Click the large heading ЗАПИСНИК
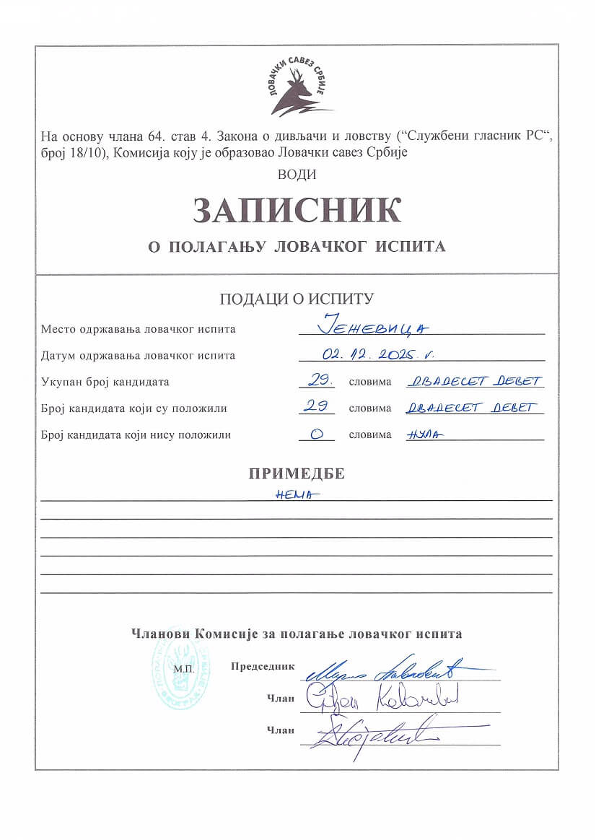(x=297, y=209)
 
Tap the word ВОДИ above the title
(x=297, y=174)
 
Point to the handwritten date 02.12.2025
(x=380, y=355)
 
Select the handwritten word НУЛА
(x=425, y=434)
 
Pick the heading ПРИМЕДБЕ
(x=297, y=474)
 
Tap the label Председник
(x=263, y=666)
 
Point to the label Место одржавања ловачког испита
(x=138, y=329)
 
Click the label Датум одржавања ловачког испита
(x=138, y=355)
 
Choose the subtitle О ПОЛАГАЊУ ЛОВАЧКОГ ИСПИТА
(x=297, y=247)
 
